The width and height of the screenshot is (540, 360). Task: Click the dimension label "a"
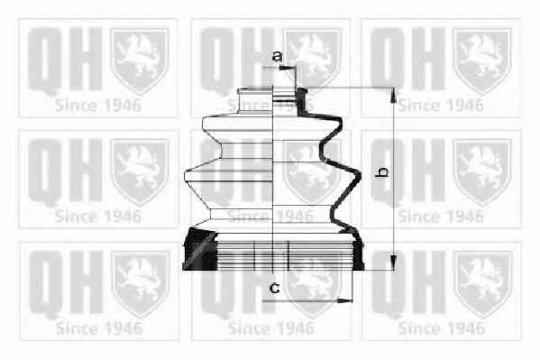pyautogui.click(x=278, y=56)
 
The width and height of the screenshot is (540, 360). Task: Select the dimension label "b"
pyautogui.click(x=382, y=171)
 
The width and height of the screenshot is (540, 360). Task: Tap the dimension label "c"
pyautogui.click(x=274, y=287)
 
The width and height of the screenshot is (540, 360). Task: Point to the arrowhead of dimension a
pyautogui.click(x=285, y=68)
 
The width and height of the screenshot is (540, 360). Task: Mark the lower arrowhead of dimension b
pyautogui.click(x=393, y=263)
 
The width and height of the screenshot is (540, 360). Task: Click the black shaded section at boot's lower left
pyautogui.click(x=199, y=249)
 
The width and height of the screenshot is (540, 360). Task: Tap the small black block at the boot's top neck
pyautogui.click(x=302, y=100)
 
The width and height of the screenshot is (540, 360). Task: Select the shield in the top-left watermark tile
pyautogui.click(x=139, y=60)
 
